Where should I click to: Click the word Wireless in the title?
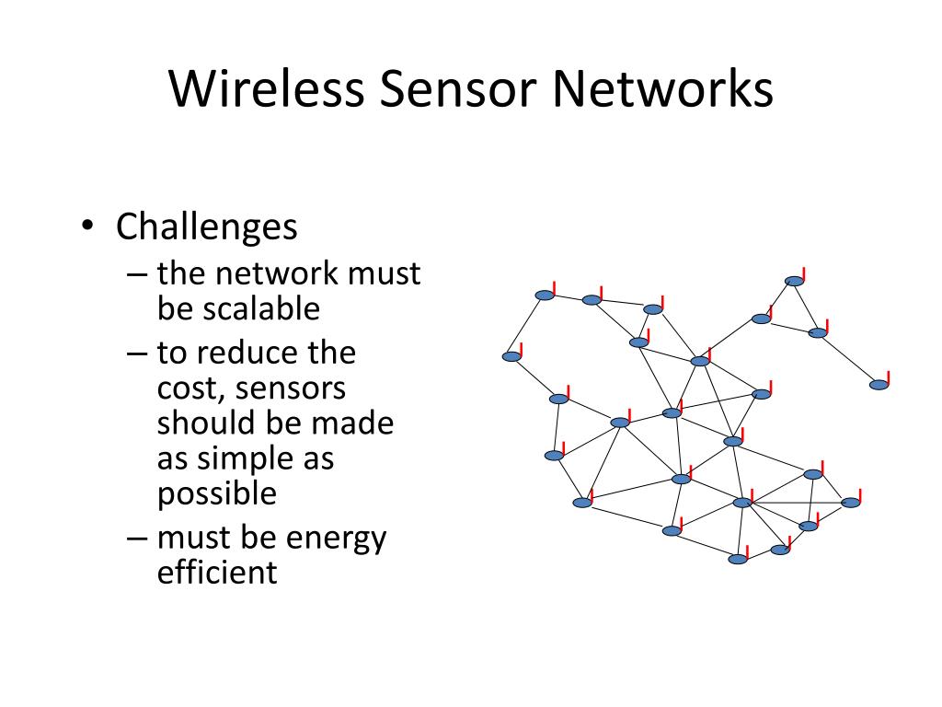262,90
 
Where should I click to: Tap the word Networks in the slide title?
661,90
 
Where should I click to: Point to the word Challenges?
207,226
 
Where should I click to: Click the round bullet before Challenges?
86,227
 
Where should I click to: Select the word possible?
217,493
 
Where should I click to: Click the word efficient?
217,573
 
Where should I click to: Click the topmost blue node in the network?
795,281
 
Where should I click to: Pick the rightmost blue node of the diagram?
879,384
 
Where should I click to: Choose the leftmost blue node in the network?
512,356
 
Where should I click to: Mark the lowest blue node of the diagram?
738,559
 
